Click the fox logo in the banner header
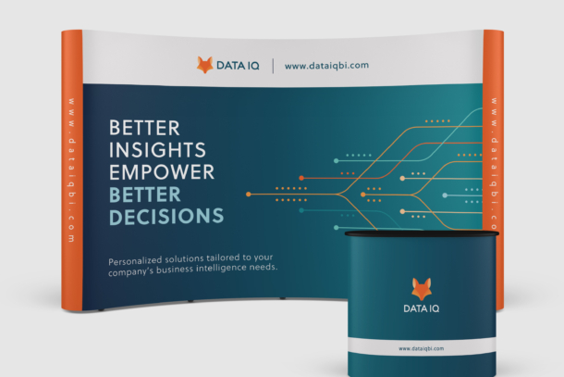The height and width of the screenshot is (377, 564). pyautogui.click(x=205, y=65)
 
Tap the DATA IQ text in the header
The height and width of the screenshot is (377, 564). pyautogui.click(x=238, y=66)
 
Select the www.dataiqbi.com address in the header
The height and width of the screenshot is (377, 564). pyautogui.click(x=326, y=66)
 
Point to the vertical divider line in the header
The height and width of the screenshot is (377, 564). pyautogui.click(x=273, y=66)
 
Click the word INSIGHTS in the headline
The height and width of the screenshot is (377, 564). pyautogui.click(x=157, y=150)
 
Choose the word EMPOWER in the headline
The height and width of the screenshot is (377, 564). pyautogui.click(x=162, y=172)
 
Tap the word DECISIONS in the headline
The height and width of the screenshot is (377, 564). pyautogui.click(x=166, y=216)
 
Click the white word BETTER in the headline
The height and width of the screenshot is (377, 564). pyautogui.click(x=144, y=128)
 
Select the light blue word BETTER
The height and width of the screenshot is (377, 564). pyautogui.click(x=144, y=195)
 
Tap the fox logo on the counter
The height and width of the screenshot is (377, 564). pyautogui.click(x=422, y=289)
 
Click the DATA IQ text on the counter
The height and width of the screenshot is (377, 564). pyautogui.click(x=422, y=308)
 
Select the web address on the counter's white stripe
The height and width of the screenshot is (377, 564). pyautogui.click(x=422, y=348)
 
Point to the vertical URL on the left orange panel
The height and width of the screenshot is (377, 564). pyautogui.click(x=71, y=170)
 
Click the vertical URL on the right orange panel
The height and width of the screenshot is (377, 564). pyautogui.click(x=495, y=163)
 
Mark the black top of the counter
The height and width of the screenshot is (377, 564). pyautogui.click(x=422, y=234)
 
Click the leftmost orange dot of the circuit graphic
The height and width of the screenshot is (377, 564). pyautogui.click(x=248, y=195)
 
